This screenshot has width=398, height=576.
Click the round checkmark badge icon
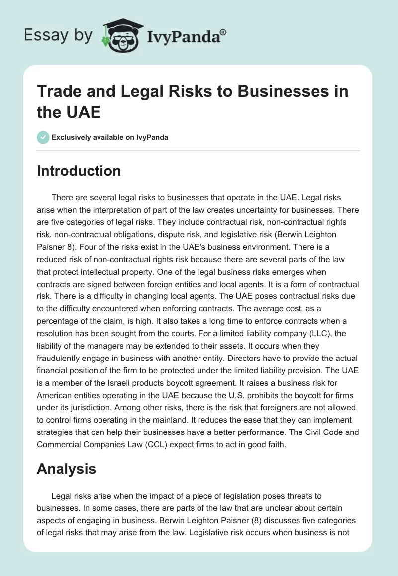43,137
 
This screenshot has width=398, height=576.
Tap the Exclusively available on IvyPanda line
110,137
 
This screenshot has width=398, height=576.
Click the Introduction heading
79,171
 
